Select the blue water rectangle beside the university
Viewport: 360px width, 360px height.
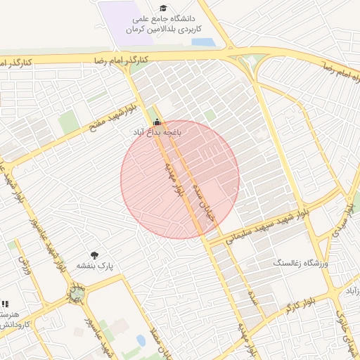(x=203, y=41)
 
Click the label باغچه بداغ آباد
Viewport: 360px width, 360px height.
(x=159, y=131)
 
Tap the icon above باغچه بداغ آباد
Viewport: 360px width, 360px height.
(x=156, y=122)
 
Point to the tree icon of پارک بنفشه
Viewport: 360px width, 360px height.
(x=94, y=255)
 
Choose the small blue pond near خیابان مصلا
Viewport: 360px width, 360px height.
(x=141, y=341)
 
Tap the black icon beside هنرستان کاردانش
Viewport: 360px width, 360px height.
(x=4, y=304)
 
